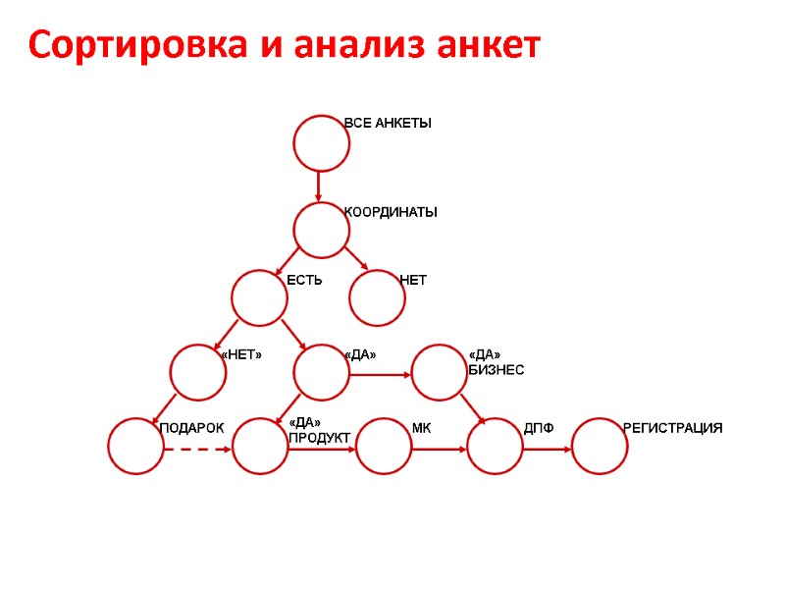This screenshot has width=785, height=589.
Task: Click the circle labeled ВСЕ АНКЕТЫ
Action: click(322, 143)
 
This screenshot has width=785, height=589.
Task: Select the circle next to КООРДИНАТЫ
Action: click(322, 231)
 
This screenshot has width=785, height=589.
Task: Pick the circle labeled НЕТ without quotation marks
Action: click(378, 297)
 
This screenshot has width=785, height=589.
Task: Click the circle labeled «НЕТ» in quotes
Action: click(198, 372)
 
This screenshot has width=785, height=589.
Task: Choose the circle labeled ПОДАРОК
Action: click(136, 446)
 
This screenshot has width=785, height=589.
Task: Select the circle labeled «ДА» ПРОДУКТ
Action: click(260, 446)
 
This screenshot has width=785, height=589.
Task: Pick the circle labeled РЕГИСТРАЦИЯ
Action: click(600, 446)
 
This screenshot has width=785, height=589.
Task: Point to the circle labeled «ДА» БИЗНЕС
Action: click(440, 372)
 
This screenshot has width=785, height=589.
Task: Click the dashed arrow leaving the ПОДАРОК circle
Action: click(198, 450)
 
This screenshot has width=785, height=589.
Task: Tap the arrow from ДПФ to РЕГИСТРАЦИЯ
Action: click(548, 450)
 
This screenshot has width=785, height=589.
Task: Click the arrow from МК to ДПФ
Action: click(440, 450)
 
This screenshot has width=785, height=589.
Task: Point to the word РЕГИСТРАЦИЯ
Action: click(673, 428)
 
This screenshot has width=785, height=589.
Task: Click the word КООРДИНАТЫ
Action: click(391, 212)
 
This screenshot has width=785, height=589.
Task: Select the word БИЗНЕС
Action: click(497, 370)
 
